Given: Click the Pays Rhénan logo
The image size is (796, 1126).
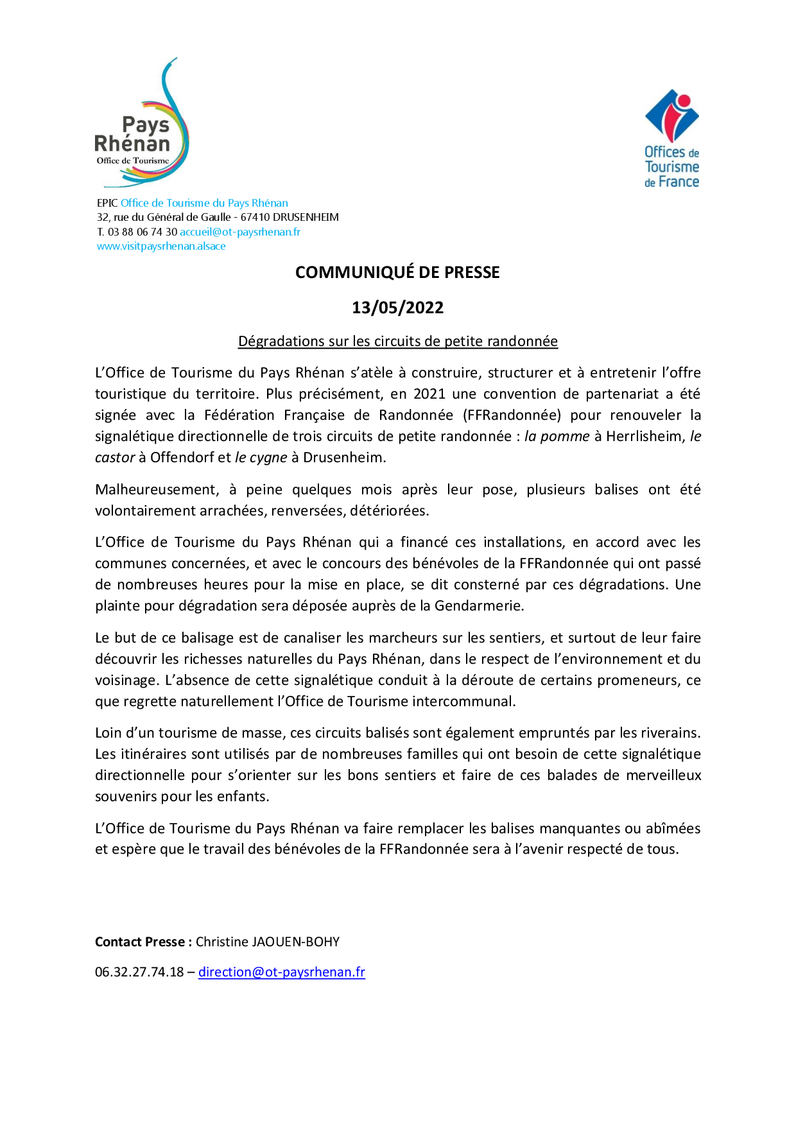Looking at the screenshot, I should (142, 126).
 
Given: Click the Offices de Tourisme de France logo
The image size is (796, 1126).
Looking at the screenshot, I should (671, 139).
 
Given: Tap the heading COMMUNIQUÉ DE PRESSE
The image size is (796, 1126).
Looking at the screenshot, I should (397, 272).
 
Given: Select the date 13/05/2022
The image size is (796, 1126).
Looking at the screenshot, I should (397, 307).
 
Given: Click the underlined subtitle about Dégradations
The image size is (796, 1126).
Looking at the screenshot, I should (397, 342).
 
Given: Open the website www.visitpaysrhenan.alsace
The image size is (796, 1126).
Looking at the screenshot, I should (161, 247).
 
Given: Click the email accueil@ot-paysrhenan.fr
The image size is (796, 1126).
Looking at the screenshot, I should (240, 232).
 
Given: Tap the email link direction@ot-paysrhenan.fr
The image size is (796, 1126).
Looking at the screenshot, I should (281, 972).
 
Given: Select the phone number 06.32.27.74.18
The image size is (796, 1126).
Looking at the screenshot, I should (139, 972).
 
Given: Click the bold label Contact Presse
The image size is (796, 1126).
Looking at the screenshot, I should (143, 942).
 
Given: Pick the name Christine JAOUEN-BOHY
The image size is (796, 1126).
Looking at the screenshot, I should (268, 942).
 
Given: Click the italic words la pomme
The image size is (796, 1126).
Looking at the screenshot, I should (557, 437).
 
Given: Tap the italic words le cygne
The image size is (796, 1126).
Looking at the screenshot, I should (261, 458).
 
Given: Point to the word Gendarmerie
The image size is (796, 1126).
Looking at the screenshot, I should (479, 606).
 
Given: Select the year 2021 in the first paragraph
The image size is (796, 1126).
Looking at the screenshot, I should (429, 394).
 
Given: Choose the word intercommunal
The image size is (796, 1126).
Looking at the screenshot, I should (463, 702).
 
